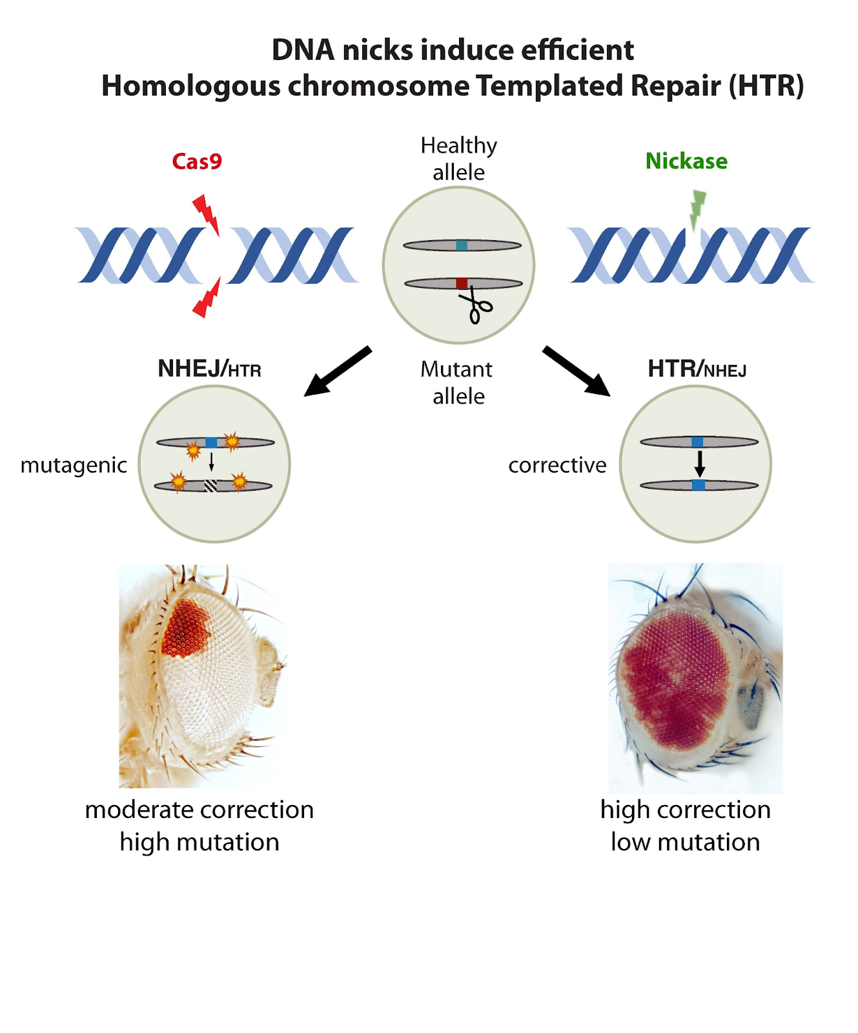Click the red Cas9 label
(197, 161)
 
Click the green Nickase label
(686, 161)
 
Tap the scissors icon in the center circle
(476, 306)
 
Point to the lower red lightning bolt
(207, 299)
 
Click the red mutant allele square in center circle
(462, 283)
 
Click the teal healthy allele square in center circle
(462, 245)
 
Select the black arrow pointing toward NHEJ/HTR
(336, 372)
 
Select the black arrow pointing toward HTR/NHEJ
(577, 371)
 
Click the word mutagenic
(74, 465)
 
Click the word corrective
(557, 465)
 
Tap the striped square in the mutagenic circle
(210, 486)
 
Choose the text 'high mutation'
(199, 842)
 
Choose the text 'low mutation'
(685, 842)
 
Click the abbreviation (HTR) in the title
(766, 86)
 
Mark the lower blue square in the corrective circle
(698, 485)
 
